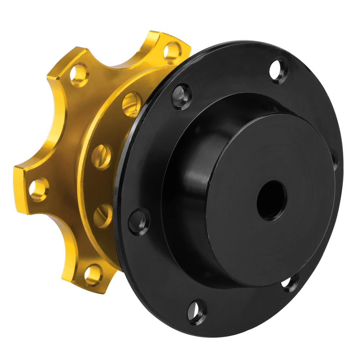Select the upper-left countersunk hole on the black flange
pyautogui.click(x=182, y=96)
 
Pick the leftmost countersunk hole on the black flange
pyautogui.click(x=139, y=221)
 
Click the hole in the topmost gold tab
pyautogui.click(x=172, y=50)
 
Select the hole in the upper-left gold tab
pyautogui.click(x=79, y=74)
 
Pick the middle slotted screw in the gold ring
pyautogui.click(x=101, y=156)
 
